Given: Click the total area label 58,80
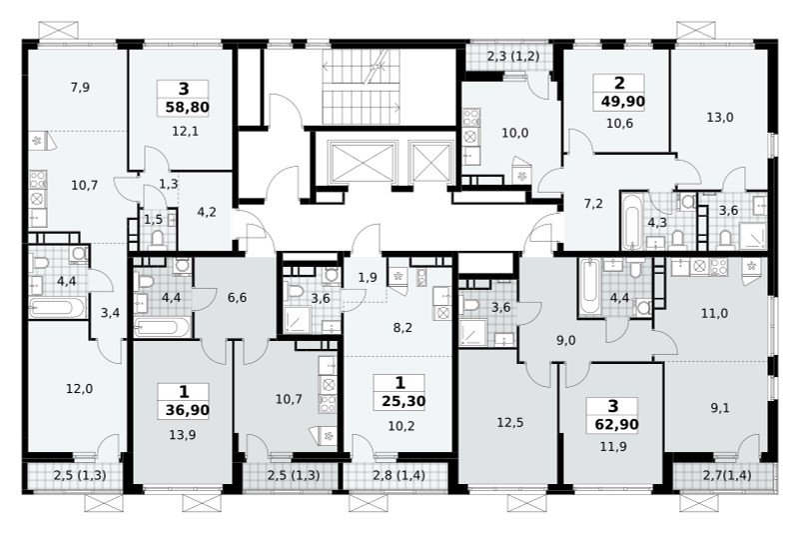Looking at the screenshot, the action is pos(188,108).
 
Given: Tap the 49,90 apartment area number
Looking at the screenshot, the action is pos(622,101).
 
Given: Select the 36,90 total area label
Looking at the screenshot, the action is pos(187,410).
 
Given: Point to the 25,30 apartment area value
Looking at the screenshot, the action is pos(403,401).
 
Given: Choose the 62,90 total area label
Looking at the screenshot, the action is pos(616,424).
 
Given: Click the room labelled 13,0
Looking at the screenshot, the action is pos(720,117).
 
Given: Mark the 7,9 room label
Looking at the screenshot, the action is pos(80,87).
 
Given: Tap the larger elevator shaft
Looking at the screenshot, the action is pos(363,162).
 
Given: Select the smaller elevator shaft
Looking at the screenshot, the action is pos(431,162).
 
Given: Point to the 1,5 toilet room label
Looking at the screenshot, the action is pos(153,219).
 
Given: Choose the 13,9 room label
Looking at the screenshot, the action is pos(183,435).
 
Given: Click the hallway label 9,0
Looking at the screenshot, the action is pos(565,340).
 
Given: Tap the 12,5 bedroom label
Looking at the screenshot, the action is pos(510,423).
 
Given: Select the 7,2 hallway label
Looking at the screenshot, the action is pos(593,204).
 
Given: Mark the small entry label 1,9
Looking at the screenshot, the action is pos(368,278).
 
